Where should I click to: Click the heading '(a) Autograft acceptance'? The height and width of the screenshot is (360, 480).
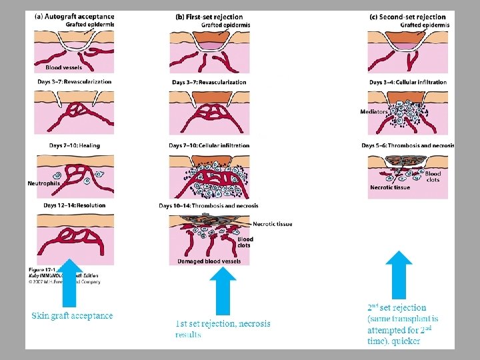[x=73, y=17]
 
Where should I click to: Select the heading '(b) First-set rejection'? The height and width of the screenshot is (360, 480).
[x=209, y=17]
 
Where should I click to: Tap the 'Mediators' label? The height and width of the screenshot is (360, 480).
[x=374, y=112]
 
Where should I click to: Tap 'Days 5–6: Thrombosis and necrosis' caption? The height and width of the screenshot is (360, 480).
[x=407, y=145]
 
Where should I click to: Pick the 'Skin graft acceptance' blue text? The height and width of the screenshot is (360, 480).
[x=72, y=315]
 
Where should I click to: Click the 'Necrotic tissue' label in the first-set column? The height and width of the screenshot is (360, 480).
[x=272, y=224]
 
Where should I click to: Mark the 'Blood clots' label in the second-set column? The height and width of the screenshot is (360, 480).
[x=433, y=177]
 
